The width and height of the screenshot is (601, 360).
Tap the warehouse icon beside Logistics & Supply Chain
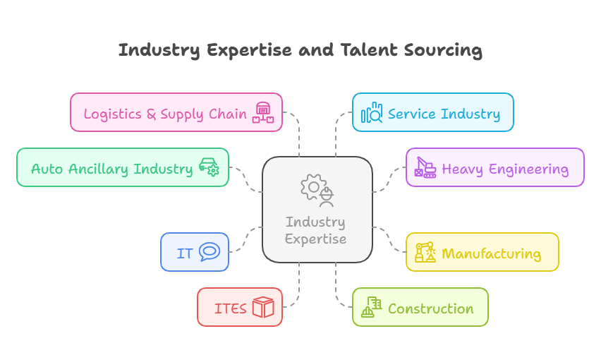pyautogui.click(x=263, y=112)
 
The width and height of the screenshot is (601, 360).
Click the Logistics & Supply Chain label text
pyautogui.click(x=165, y=113)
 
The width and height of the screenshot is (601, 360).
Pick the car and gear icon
pyautogui.click(x=209, y=167)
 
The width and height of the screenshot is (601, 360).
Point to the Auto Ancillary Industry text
pyautogui.click(x=111, y=169)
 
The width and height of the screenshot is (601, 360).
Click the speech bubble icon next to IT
pyautogui.click(x=210, y=252)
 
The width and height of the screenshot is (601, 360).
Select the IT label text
pyautogui.click(x=185, y=253)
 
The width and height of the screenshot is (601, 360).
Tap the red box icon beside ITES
pyautogui.click(x=263, y=307)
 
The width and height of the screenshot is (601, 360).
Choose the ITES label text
pyautogui.click(x=231, y=308)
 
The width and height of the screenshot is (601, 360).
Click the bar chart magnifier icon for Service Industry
pyautogui.click(x=372, y=113)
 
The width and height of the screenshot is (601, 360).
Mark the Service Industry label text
pyautogui.click(x=444, y=114)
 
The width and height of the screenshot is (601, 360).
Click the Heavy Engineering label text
pyautogui.click(x=505, y=169)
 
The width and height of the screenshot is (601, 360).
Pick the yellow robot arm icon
pyautogui.click(x=425, y=252)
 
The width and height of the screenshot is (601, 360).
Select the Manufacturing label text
pyautogui.click(x=491, y=253)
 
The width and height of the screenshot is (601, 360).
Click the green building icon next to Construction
pyautogui.click(x=372, y=307)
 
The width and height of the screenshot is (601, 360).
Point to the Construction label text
pyautogui.click(x=430, y=308)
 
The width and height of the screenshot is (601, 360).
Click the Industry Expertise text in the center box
pyautogui.click(x=315, y=230)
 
